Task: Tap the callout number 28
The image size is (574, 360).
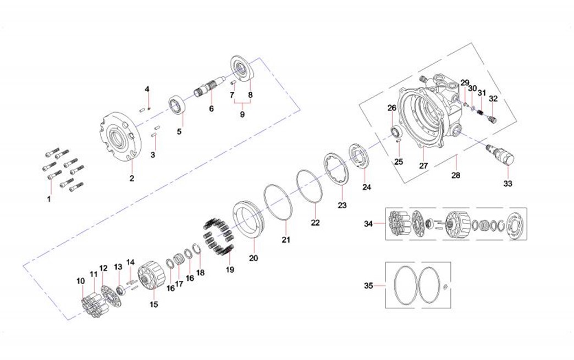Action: click(455, 175)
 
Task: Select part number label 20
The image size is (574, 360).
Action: click(253, 258)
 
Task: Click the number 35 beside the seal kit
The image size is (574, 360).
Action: click(368, 286)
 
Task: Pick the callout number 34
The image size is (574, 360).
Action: click(368, 224)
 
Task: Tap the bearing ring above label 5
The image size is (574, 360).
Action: click(179, 104)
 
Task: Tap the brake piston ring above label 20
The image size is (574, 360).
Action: click(249, 221)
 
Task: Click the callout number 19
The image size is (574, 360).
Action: click(230, 270)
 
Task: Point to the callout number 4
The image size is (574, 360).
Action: click(147, 89)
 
